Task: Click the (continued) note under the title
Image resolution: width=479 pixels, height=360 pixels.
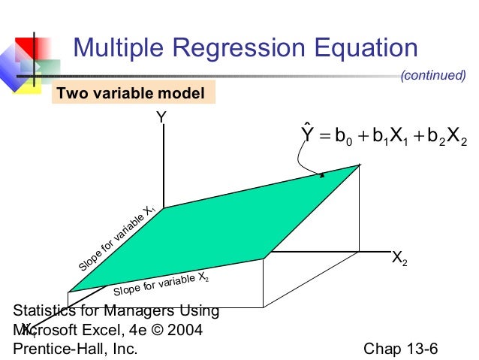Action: point(433,75)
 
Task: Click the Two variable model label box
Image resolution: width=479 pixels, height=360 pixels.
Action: point(131,94)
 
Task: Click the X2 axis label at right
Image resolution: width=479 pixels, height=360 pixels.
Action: point(399,259)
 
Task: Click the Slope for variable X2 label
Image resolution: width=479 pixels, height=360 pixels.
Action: point(160,285)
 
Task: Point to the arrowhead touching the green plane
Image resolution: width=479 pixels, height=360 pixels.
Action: point(322,175)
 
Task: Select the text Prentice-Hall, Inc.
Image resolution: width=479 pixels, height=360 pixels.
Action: point(76,349)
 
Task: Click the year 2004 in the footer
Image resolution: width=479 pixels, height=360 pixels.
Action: point(185,330)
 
